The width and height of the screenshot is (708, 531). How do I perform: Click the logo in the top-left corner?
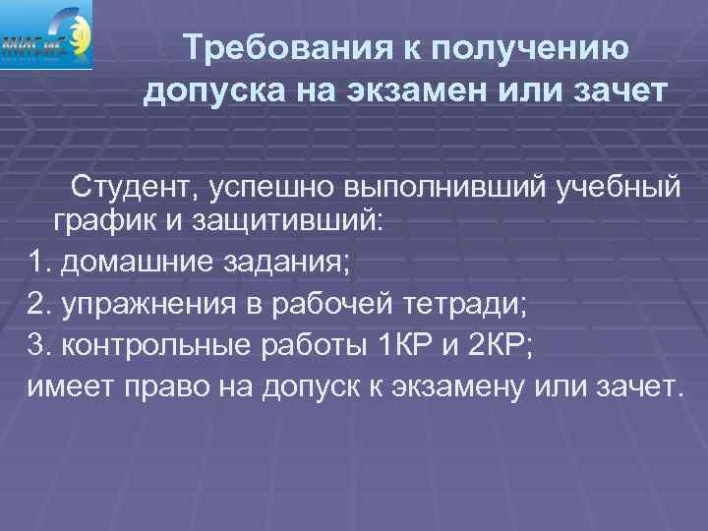(47, 35)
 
